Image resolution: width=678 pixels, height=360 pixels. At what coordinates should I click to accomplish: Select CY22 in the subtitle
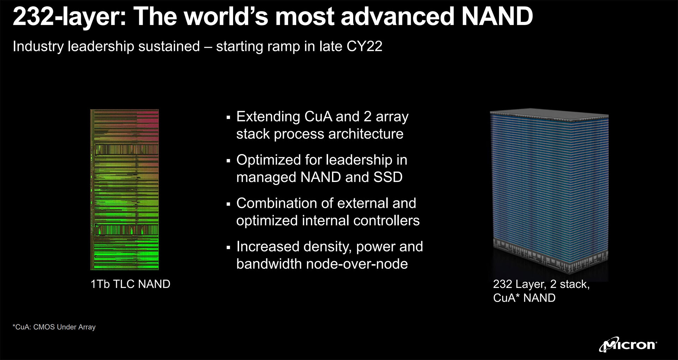[x=364, y=47]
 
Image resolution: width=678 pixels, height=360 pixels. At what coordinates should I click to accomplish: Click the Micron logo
[x=628, y=344]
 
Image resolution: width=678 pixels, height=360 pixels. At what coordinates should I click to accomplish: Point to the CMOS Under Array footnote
[x=54, y=327]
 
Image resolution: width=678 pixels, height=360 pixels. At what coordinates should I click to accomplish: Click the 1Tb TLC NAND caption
[x=130, y=284]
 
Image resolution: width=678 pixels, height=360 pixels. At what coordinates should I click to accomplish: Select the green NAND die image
[x=124, y=190]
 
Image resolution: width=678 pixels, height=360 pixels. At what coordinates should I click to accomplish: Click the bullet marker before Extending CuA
[x=228, y=117]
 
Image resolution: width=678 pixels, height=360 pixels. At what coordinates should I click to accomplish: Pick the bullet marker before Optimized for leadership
[x=228, y=161]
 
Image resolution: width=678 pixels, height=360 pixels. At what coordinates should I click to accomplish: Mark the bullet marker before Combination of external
[x=228, y=204]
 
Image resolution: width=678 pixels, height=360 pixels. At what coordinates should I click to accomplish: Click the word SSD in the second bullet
[x=388, y=177]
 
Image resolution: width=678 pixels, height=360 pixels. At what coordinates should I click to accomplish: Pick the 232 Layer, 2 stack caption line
[x=541, y=284]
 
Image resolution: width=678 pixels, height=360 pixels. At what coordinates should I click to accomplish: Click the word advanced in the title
[x=398, y=16]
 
